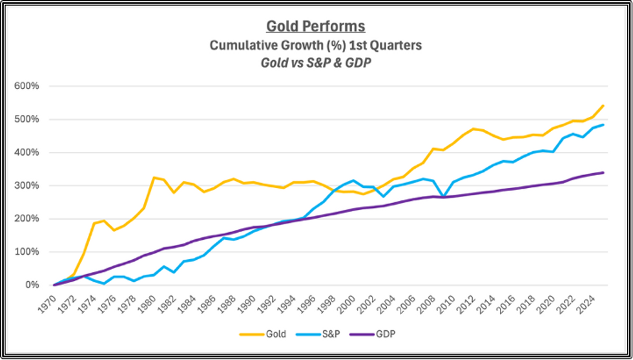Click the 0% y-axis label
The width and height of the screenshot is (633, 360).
coord(33,285)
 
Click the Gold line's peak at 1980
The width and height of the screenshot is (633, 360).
coord(154,177)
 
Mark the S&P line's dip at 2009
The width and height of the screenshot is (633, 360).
coord(442,196)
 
